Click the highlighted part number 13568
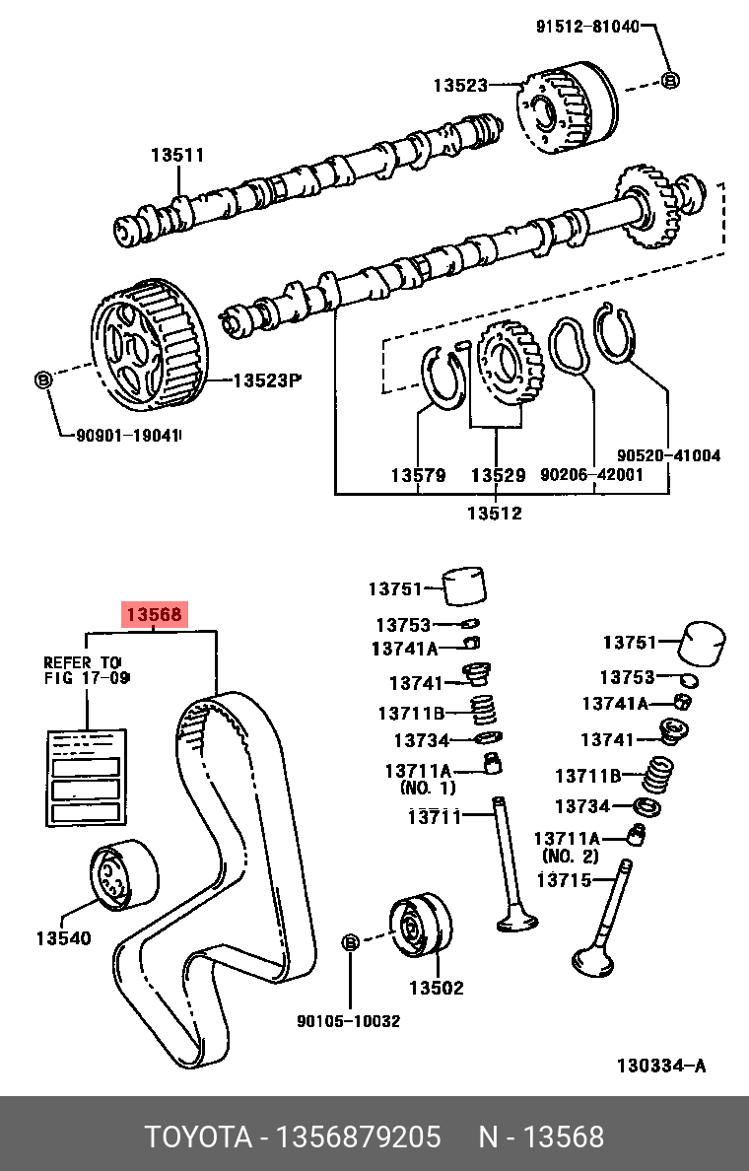tap(153, 615)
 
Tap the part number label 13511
tap(177, 155)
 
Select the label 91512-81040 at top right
tap(587, 27)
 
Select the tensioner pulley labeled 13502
tap(421, 927)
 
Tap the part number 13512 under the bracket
tap(495, 513)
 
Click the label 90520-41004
tap(669, 455)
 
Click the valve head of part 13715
tap(596, 957)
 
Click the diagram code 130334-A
tap(660, 1066)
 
